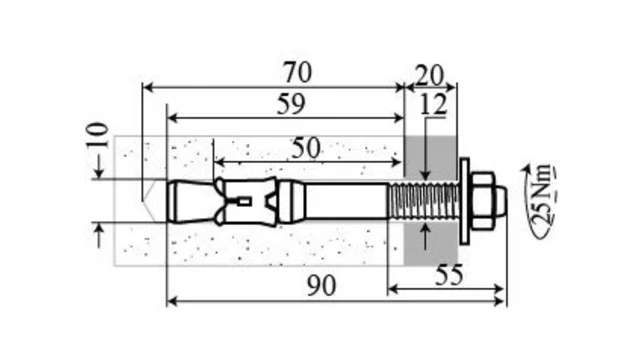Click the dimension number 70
pyautogui.click(x=297, y=72)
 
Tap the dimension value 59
pyautogui.click(x=291, y=104)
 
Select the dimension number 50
pyautogui.click(x=305, y=148)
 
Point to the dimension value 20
pyautogui.click(x=429, y=75)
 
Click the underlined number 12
pyautogui.click(x=433, y=104)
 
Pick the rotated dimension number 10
pyautogui.click(x=97, y=135)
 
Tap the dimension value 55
pyautogui.click(x=449, y=274)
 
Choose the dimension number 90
pyautogui.click(x=321, y=285)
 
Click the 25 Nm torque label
pyautogui.click(x=541, y=195)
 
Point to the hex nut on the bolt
pyautogui.click(x=482, y=201)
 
